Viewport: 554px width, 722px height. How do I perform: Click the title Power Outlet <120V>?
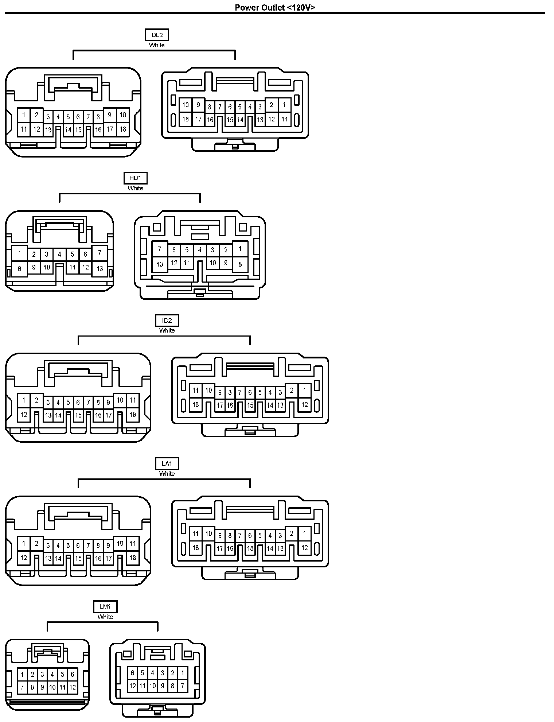pos(275,7)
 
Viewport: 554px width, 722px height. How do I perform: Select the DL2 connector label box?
pos(157,35)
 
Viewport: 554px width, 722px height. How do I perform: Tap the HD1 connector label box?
pos(135,178)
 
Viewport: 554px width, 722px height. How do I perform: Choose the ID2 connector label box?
pos(167,321)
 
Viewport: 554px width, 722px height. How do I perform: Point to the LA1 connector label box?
pos(167,463)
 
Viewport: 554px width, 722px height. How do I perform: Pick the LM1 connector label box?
pos(105,607)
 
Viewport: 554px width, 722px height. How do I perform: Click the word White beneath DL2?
pos(157,45)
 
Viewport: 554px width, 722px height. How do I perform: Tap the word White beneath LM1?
pos(105,617)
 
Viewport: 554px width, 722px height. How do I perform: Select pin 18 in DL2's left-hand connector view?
pos(123,129)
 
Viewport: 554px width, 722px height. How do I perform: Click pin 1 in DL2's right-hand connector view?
pos(285,105)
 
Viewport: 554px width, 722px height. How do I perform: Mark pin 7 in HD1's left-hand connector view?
pos(100,252)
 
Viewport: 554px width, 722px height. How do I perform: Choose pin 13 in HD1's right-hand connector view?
pos(160,264)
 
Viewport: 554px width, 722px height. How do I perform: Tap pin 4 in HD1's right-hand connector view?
pos(200,250)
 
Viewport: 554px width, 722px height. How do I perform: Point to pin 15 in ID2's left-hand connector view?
pos(78,415)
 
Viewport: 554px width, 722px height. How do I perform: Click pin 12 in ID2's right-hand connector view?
pos(305,404)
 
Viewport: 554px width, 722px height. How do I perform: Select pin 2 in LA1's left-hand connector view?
pos(36,543)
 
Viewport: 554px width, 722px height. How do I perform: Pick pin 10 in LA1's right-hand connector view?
pos(208,533)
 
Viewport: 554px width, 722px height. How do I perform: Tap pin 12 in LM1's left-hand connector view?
pos(73,687)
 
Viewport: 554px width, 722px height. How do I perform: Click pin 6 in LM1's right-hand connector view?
pos(132,673)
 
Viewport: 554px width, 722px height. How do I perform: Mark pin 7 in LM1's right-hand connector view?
pos(183,686)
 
